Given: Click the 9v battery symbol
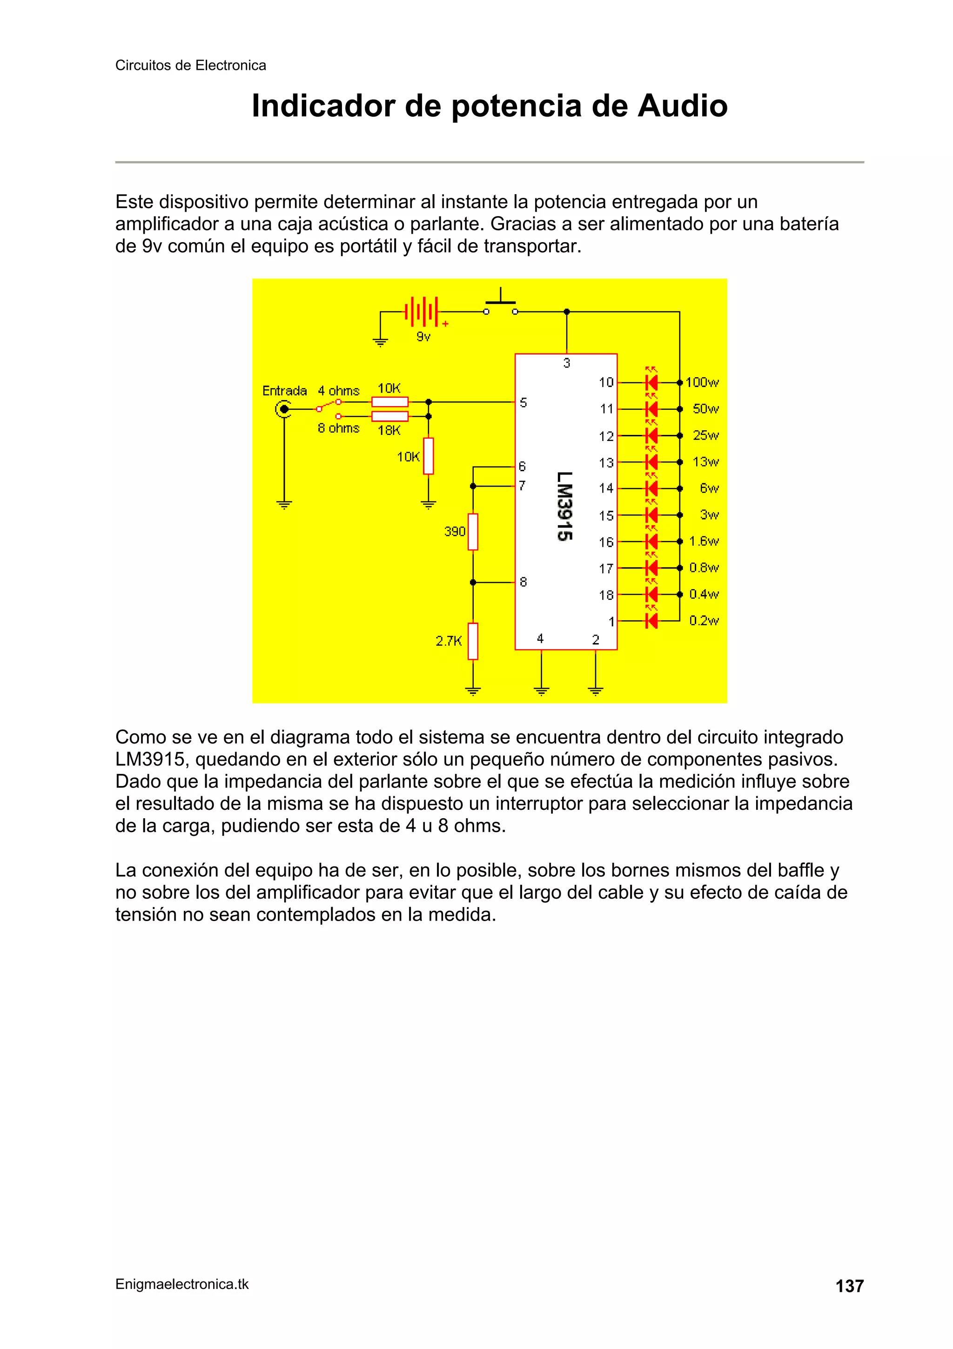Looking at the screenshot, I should click(x=422, y=312).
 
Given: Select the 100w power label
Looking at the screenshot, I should click(x=702, y=382).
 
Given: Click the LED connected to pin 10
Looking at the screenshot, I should click(x=651, y=382).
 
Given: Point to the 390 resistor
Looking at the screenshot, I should click(x=473, y=532).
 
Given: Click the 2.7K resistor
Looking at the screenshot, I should click(x=473, y=641).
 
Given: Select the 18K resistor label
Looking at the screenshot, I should click(x=389, y=430).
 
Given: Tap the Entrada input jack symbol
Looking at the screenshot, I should click(x=283, y=409).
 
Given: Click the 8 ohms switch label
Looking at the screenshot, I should click(x=338, y=428).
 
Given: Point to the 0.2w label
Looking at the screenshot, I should click(x=704, y=620).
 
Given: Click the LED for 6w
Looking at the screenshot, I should click(x=651, y=488).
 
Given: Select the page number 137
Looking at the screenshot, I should click(x=849, y=1286).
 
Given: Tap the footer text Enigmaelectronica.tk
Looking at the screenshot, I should click(x=182, y=1284).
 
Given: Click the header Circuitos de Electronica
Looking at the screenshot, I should click(x=190, y=65).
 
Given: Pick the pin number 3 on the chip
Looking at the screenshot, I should click(x=567, y=363).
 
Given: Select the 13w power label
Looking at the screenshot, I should click(x=705, y=462).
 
